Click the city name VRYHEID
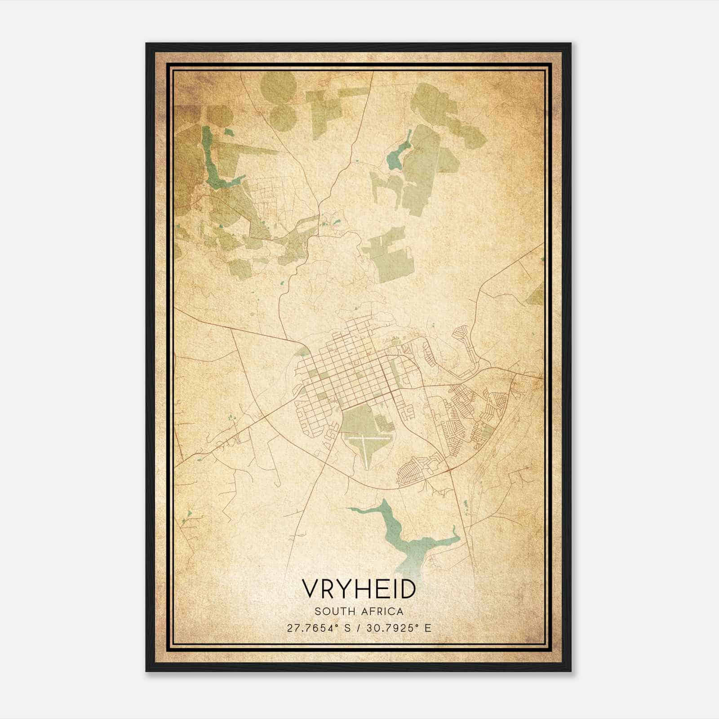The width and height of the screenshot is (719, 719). tap(359, 589)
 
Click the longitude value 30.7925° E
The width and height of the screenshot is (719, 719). tap(399, 628)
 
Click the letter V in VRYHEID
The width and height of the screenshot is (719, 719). tap(311, 589)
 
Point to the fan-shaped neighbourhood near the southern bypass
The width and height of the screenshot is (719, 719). tap(416, 472)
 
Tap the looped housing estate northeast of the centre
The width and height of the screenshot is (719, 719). tap(465, 346)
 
